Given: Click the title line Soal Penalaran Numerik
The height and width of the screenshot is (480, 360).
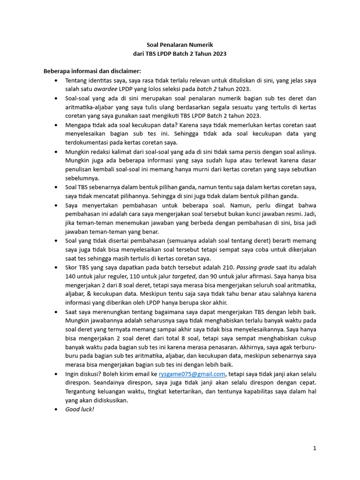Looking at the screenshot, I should [x=180, y=45].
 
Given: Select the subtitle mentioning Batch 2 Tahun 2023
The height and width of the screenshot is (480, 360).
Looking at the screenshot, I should [x=180, y=54].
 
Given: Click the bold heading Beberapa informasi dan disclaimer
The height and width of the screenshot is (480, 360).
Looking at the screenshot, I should [x=92, y=71].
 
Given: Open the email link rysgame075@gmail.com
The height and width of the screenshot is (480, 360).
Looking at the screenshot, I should [x=192, y=374].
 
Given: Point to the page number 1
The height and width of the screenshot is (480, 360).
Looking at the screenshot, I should [x=315, y=449].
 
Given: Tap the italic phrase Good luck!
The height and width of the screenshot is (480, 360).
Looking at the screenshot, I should [x=80, y=409].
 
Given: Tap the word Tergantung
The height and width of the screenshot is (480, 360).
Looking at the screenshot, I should [x=81, y=392].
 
